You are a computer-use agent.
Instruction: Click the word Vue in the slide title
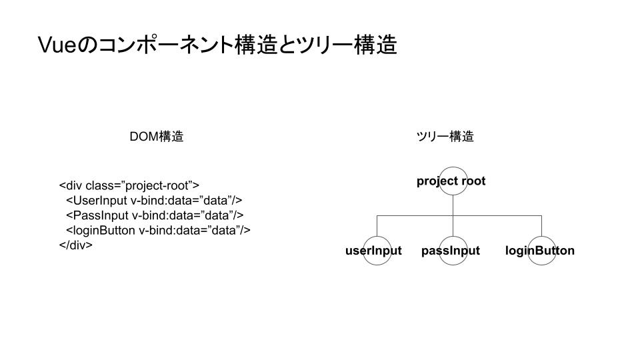click(x=57, y=45)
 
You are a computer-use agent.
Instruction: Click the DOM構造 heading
click(x=156, y=136)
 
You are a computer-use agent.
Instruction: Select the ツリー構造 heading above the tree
click(x=445, y=136)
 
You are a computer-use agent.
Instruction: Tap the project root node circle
click(x=453, y=167)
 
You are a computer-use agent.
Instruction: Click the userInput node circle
click(x=377, y=237)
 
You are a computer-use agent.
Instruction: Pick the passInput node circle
click(x=453, y=237)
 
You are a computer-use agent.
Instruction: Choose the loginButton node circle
click(x=541, y=237)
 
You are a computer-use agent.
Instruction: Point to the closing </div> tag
click(x=76, y=245)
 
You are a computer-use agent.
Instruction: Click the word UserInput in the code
click(x=100, y=201)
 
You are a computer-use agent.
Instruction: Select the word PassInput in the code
click(x=101, y=215)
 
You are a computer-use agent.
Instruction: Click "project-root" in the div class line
click(x=156, y=186)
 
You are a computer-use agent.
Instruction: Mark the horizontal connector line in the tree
click(x=459, y=215)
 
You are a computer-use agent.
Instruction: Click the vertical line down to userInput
click(x=377, y=226)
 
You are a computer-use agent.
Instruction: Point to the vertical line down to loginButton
click(x=541, y=226)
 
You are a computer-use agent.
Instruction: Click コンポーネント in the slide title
click(x=166, y=45)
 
